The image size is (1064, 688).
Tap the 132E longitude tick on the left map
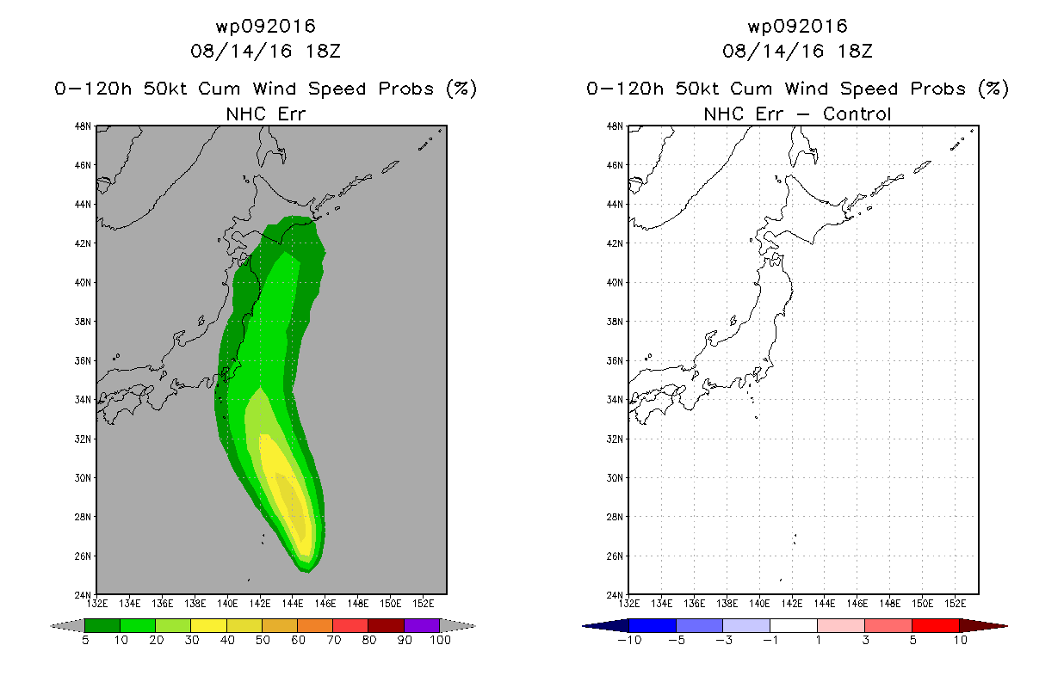point(97,602)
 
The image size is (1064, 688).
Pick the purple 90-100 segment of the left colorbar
point(422,625)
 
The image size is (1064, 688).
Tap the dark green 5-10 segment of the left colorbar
point(102,625)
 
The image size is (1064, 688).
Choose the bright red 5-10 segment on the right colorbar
point(935,625)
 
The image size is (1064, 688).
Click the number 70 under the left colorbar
point(333,641)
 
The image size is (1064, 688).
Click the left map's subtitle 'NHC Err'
point(265,114)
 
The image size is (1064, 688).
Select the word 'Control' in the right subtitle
point(857,114)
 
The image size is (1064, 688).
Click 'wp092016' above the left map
point(265,26)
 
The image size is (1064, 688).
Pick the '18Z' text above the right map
point(855,51)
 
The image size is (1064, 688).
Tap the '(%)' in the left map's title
point(461,89)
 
